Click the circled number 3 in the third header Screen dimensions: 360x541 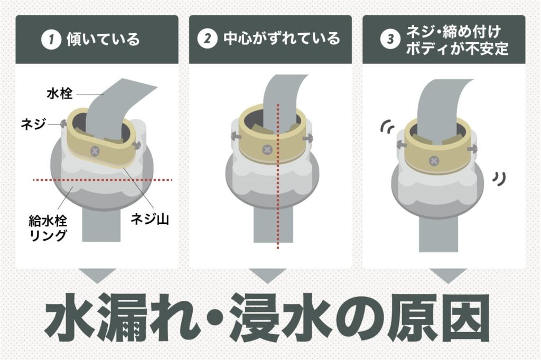(388, 40)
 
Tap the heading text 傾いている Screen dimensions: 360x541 (103, 40)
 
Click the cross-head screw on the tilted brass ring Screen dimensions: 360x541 (96, 151)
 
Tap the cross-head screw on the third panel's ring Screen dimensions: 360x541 (434, 160)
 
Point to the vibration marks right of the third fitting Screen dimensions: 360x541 (496, 179)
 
